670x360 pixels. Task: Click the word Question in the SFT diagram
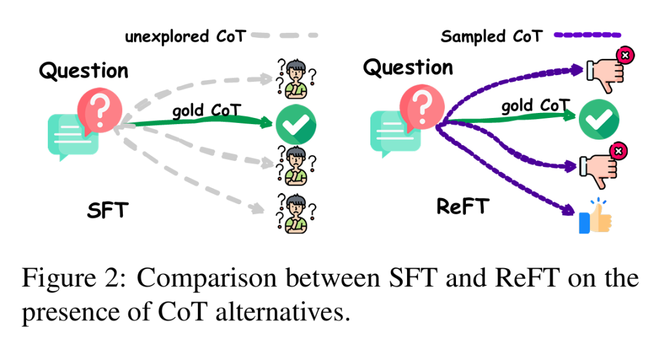pos(83,71)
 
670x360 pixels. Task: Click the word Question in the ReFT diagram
pos(408,67)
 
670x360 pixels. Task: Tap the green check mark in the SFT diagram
pos(295,125)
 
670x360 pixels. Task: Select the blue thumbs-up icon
pos(594,217)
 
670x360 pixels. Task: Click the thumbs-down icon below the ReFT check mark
pos(599,164)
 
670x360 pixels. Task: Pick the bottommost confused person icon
pos(295,213)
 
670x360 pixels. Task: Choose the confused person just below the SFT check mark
pos(295,166)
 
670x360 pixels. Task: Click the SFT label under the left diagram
pos(107,210)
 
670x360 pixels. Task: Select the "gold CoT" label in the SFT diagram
pos(207,111)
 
